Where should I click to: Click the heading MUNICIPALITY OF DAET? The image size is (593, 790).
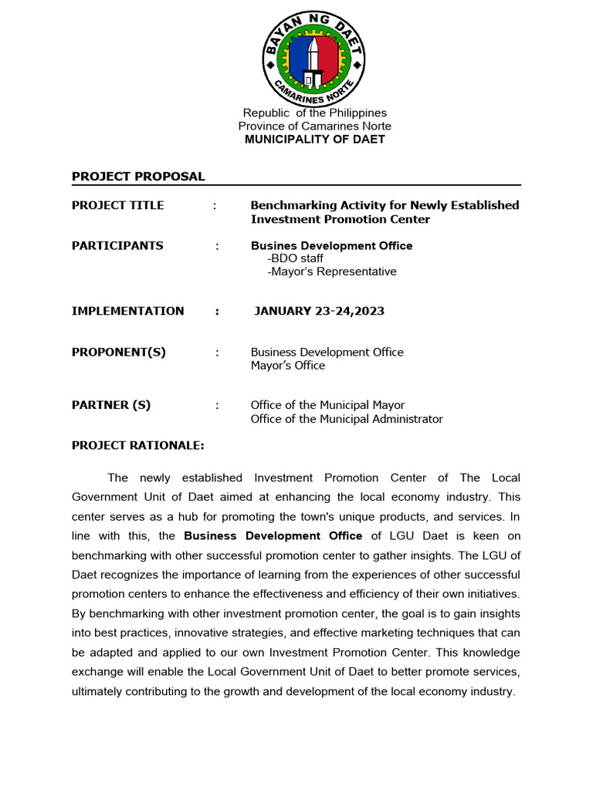314,140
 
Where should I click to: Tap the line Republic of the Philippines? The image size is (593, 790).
315,113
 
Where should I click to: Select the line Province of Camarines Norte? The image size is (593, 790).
314,126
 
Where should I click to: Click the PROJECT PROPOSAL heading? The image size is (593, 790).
138,176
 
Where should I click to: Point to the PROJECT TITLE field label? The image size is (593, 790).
118,205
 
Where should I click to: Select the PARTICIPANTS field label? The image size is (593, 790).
117,245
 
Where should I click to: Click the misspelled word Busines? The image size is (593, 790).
273,245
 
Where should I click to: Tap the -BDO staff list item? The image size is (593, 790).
295,258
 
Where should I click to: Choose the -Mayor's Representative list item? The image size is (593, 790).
331,272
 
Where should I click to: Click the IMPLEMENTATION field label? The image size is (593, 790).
128,311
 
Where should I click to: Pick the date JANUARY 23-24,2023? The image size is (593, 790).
319,311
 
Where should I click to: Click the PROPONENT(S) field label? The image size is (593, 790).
119,352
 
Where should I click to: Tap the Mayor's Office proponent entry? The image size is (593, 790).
288,366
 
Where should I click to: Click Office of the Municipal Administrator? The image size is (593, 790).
347,419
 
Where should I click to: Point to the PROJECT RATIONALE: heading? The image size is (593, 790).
138,445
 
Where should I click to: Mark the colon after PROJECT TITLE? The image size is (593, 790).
215,205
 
